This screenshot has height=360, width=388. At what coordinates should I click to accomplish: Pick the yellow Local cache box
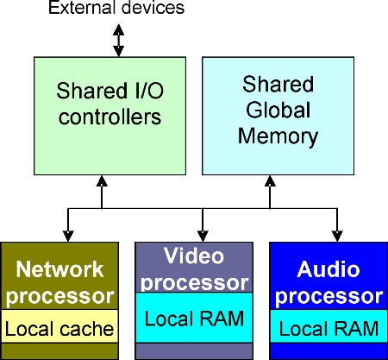click(x=59, y=328)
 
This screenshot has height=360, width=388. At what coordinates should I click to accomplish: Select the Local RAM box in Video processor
click(x=194, y=319)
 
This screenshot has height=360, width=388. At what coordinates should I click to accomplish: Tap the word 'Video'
click(x=194, y=256)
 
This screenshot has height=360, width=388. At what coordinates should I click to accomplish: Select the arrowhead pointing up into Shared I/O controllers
click(x=103, y=181)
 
